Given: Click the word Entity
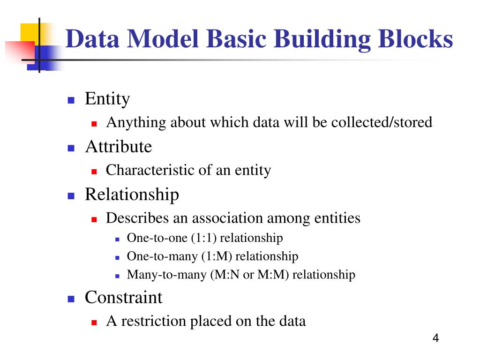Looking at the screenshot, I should point(107,99).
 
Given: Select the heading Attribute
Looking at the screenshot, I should point(118,147).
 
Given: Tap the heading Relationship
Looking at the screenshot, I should point(132,194).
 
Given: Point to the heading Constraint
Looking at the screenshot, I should point(123,297).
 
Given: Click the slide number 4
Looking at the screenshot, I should point(435,338).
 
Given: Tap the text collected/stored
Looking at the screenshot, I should point(382,123).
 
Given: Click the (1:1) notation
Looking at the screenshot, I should point(203,238).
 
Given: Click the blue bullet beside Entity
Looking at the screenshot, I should point(71,100).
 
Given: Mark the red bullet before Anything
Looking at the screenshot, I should point(94,124).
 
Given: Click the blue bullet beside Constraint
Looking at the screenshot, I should point(71,299).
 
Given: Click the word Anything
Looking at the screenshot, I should point(136,123).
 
